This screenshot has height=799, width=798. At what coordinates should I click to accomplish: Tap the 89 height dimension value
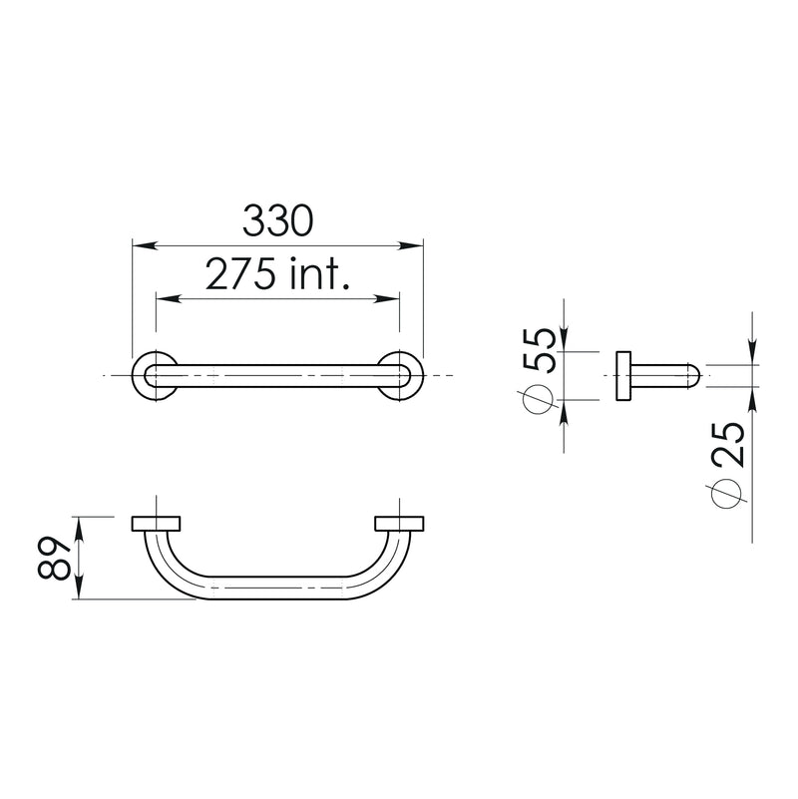pos(54,558)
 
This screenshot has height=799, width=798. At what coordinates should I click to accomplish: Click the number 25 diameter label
pos(729,445)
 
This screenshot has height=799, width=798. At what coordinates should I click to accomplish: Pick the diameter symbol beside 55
pos(537,399)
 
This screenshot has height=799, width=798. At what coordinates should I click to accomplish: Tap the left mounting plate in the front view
pos(156,523)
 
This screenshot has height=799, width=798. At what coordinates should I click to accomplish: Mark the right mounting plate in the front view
pos(400,523)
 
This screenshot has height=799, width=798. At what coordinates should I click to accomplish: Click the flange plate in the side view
pos(623,376)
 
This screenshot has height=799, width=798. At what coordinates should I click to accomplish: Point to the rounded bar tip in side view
pos(694,376)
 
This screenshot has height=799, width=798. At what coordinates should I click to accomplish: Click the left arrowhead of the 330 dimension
pos(140,245)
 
